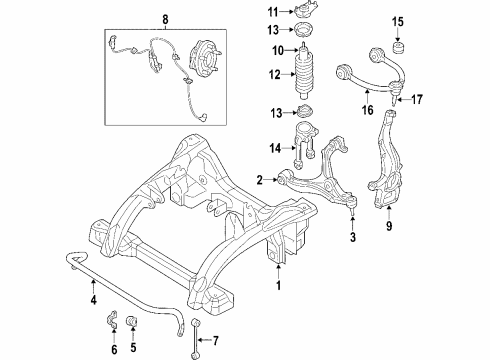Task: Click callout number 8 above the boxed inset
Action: point(166,17)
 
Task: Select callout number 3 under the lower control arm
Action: point(353,237)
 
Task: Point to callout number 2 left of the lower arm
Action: point(259,180)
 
